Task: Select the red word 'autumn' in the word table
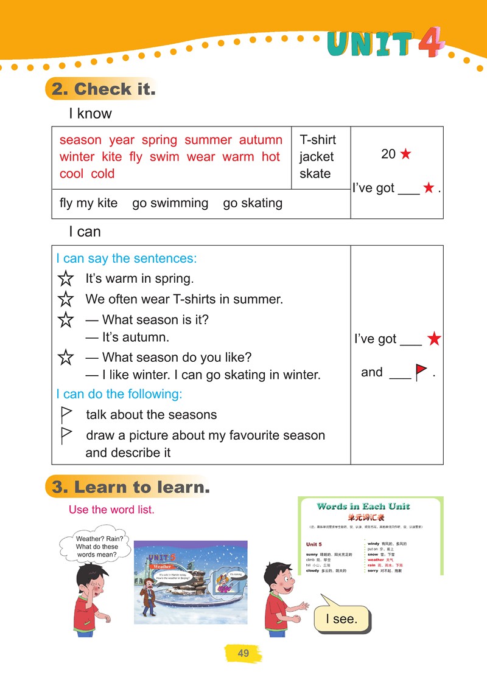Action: click(x=261, y=140)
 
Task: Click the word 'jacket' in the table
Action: click(x=317, y=157)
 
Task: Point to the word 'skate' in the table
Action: click(x=315, y=174)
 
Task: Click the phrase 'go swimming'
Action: click(x=170, y=203)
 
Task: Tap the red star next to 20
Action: click(x=405, y=154)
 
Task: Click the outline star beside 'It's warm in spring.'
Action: click(x=65, y=279)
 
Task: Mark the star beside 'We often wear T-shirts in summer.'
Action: click(x=65, y=299)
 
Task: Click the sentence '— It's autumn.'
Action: click(x=127, y=337)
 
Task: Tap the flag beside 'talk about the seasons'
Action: click(x=66, y=415)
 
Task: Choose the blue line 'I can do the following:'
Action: click(x=119, y=394)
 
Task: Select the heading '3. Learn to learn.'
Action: click(x=131, y=487)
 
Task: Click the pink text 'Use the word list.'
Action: click(x=111, y=510)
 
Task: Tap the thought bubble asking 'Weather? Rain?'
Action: click(x=97, y=546)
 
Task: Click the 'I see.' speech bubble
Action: click(x=342, y=619)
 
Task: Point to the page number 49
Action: click(x=243, y=653)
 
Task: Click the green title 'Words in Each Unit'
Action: click(x=363, y=507)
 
